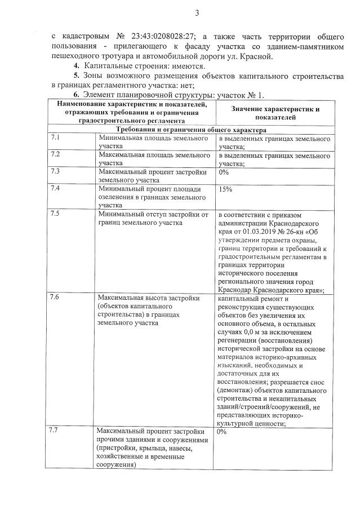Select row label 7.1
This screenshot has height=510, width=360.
pyautogui.click(x=55, y=138)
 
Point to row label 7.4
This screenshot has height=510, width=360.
pyautogui.click(x=55, y=188)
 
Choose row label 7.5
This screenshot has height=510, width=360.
pyautogui.click(x=55, y=214)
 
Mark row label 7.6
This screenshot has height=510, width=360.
pyautogui.click(x=55, y=296)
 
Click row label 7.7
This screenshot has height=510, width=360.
pyautogui.click(x=55, y=431)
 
